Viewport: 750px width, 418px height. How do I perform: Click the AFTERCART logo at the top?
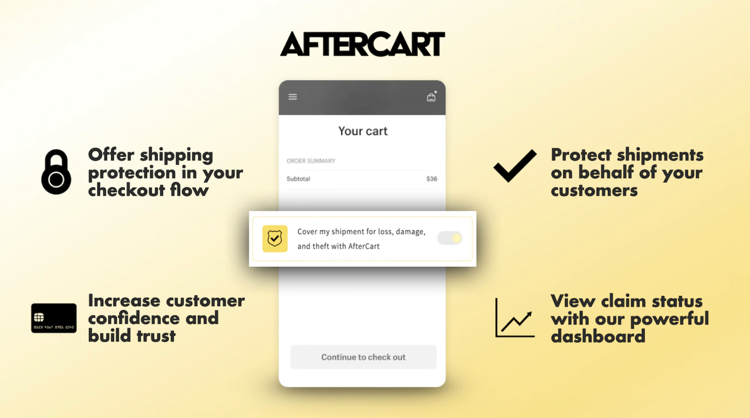click(x=362, y=44)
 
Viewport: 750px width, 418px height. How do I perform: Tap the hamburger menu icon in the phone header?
click(x=293, y=97)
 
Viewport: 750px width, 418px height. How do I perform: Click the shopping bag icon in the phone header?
click(x=431, y=97)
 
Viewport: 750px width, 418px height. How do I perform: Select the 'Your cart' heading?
click(x=363, y=131)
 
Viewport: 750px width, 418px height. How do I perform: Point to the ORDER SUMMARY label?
click(x=311, y=161)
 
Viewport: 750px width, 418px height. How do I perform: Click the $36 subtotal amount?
click(x=432, y=179)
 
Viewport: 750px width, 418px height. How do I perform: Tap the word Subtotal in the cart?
click(x=298, y=179)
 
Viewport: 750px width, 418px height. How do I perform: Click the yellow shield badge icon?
click(x=275, y=239)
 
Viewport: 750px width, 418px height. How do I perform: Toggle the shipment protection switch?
click(x=450, y=238)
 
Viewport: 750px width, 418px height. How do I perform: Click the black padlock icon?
click(x=56, y=172)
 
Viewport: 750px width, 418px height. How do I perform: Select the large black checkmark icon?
click(x=515, y=166)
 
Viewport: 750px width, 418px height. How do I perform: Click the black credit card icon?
click(x=54, y=318)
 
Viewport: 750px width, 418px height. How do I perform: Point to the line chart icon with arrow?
click(x=515, y=318)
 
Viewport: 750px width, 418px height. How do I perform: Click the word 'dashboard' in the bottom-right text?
click(x=598, y=336)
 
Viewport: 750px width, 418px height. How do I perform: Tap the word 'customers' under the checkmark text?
click(x=594, y=191)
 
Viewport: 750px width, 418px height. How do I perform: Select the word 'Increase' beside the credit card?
click(x=124, y=301)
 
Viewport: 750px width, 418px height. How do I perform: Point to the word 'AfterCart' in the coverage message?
click(x=364, y=246)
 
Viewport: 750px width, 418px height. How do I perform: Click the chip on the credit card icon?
click(x=39, y=317)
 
